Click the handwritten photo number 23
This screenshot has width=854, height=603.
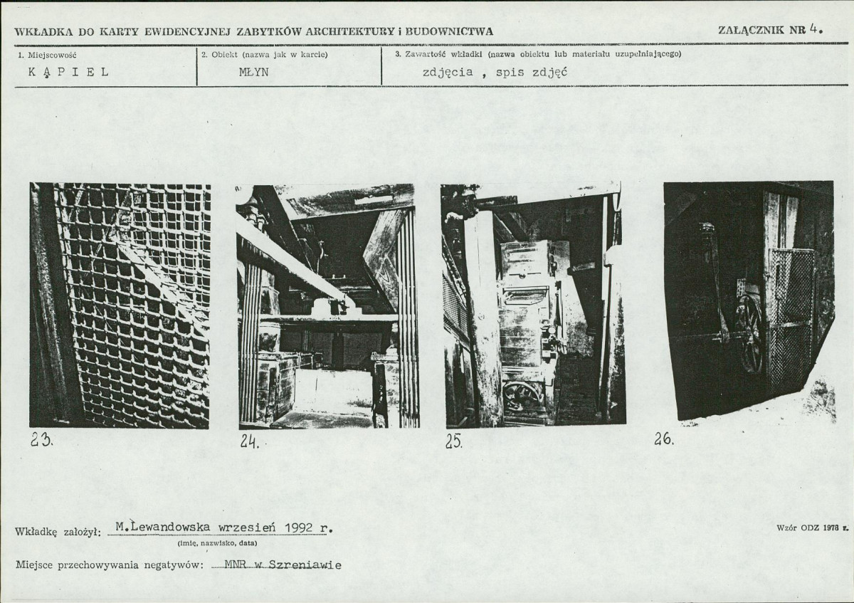point(41,441)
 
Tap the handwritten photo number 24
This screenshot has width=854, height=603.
point(250,441)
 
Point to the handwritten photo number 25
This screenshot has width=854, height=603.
point(454,441)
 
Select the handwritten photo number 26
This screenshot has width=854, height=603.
point(664,439)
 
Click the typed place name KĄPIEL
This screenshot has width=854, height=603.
point(68,72)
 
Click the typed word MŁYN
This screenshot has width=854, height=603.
point(254,72)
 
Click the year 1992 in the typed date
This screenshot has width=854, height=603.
point(299,528)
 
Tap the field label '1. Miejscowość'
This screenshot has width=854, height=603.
point(47,55)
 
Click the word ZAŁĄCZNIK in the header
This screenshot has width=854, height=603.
point(751,30)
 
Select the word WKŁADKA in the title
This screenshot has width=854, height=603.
point(43,32)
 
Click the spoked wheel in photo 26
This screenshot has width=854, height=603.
point(748,335)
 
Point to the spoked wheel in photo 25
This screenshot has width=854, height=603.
point(522,396)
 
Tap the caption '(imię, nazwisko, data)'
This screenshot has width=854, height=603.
point(217,543)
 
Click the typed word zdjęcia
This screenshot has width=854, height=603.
point(447,72)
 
